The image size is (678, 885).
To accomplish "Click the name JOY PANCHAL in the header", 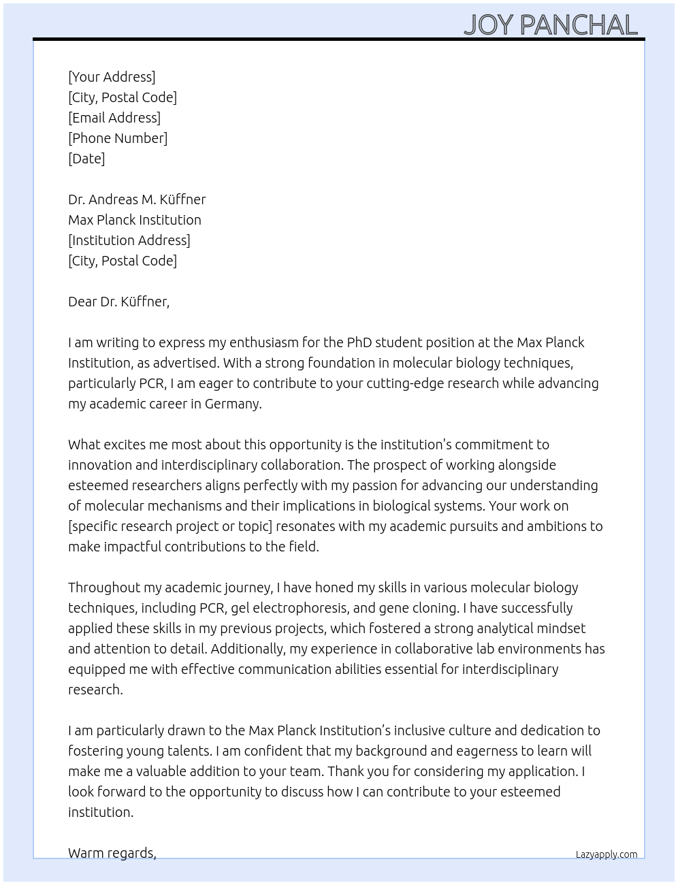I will (550, 25).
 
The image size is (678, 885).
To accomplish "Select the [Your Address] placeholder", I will (112, 77).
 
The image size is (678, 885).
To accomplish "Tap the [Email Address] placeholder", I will (114, 118).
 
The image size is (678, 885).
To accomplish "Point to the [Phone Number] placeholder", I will (118, 138).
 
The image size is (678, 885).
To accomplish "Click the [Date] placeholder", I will (86, 159).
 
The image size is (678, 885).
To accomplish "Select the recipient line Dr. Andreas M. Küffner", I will (137, 199).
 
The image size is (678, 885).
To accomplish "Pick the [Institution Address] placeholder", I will (129, 240).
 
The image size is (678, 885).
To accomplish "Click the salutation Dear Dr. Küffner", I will (118, 302).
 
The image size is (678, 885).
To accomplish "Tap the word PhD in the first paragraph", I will (359, 342).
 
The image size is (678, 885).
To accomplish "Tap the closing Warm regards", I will (112, 853).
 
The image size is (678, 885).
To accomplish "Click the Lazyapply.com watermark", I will (607, 854).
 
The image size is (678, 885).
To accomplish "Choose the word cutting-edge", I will (406, 383).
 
